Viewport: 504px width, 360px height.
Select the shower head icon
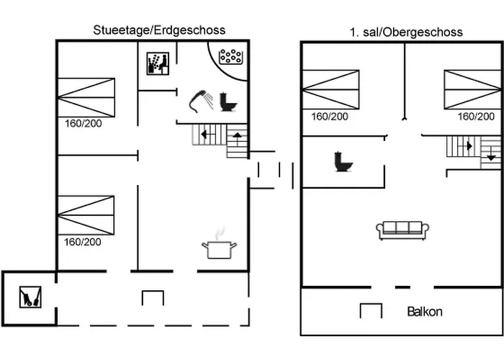pos(199,101)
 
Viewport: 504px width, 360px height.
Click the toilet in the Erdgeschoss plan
pos(229,102)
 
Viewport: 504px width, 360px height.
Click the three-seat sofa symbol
pos(403,230)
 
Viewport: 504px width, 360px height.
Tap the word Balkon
pos(425,312)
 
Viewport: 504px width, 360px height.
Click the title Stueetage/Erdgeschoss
pos(159,30)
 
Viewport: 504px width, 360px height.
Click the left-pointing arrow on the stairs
pos(206,134)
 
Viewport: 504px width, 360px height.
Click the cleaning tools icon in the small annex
pos(30,295)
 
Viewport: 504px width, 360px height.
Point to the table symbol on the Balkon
pos(371,310)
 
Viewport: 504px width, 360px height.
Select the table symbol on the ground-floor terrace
pos(153,297)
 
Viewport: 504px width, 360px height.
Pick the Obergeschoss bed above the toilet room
pos(330,89)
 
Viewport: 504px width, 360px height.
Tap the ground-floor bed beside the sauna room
pos(86,97)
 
